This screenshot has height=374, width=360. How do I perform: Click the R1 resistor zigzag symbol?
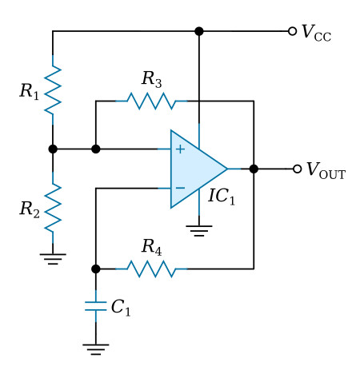53,90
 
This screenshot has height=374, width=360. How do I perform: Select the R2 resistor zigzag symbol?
53,207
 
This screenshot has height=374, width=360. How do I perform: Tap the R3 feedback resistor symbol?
151,101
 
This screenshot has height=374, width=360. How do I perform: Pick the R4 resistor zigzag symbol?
151,269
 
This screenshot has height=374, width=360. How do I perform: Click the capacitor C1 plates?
95,306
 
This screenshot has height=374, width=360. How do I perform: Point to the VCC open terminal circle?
292,31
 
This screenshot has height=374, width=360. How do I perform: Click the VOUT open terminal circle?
297,169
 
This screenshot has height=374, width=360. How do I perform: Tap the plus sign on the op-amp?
180,149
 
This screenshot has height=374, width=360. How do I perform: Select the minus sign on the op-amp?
180,188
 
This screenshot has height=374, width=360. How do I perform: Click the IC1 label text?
222,197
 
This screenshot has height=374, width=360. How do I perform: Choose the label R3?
151,79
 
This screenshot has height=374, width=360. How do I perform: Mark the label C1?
121,308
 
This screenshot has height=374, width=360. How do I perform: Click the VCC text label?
316,33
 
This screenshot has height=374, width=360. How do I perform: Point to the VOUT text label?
326,170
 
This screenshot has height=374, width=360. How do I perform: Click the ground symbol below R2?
53,259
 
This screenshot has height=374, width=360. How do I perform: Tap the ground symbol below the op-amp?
199,231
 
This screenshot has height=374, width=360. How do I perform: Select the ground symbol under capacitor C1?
96,349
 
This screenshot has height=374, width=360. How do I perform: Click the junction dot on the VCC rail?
199,31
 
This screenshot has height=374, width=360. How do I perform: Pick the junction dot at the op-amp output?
254,169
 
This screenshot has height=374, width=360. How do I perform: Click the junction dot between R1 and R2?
53,149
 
